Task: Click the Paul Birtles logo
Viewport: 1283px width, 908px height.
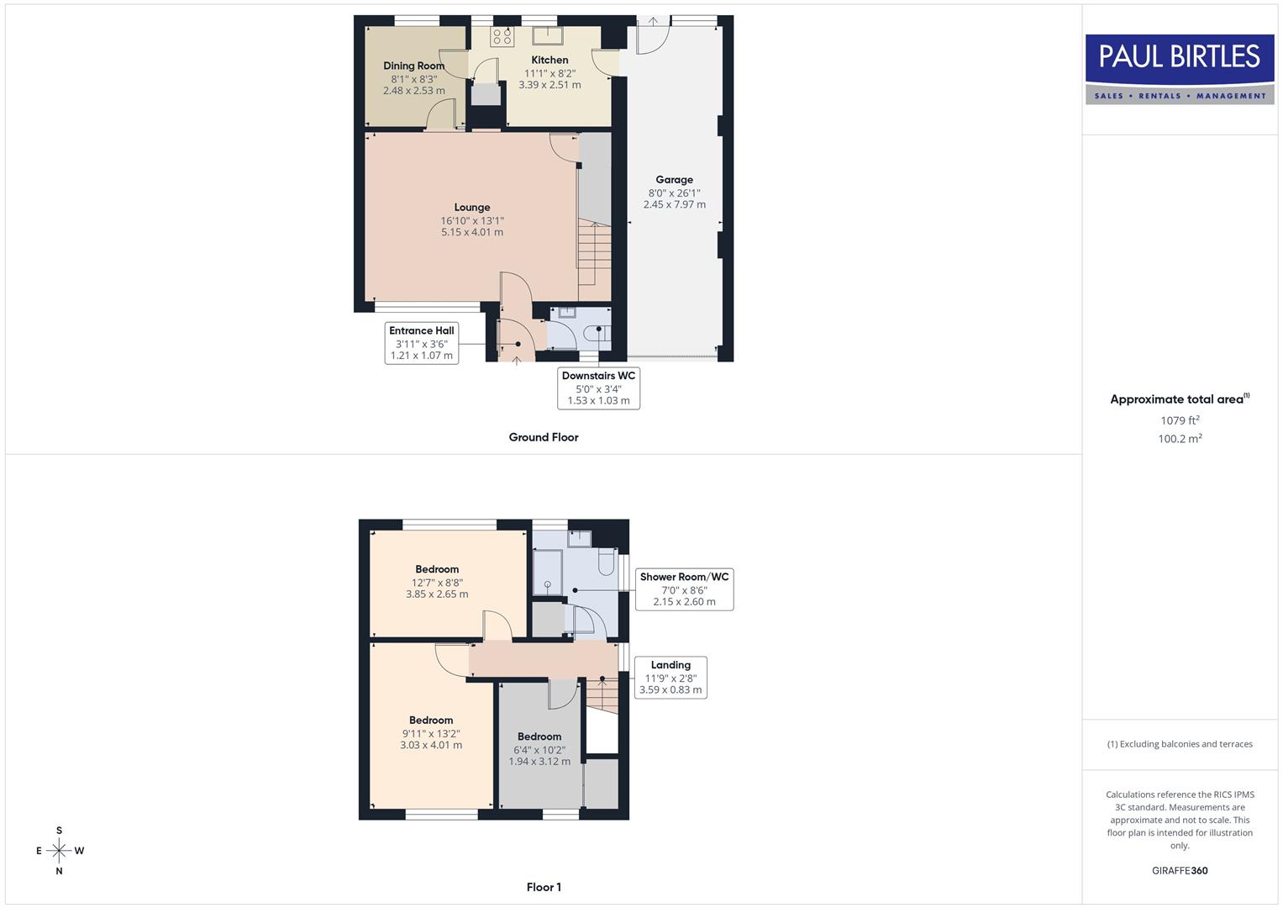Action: click(x=1180, y=69)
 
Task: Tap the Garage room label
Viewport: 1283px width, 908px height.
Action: click(x=674, y=180)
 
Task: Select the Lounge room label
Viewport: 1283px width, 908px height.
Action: click(x=472, y=208)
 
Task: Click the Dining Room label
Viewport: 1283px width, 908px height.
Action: click(x=414, y=66)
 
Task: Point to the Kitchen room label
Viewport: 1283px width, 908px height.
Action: click(x=549, y=61)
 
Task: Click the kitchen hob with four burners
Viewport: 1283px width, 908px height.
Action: click(x=502, y=36)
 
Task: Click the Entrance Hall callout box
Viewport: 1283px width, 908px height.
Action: click(x=422, y=343)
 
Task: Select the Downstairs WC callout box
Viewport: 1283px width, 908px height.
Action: click(x=598, y=388)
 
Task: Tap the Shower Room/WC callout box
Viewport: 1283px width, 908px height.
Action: click(x=684, y=589)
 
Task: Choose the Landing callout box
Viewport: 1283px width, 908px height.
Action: click(x=670, y=678)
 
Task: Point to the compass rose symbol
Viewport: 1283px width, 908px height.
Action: click(x=59, y=851)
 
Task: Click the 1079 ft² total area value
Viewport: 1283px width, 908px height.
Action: click(x=1180, y=420)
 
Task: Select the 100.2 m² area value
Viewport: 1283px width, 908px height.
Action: click(x=1180, y=439)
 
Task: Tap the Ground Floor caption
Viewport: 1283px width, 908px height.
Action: click(x=544, y=437)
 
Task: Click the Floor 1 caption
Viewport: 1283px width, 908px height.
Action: click(x=544, y=887)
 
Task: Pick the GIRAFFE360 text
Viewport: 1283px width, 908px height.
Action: click(x=1180, y=871)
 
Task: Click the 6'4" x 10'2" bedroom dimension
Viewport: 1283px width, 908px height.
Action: click(x=539, y=750)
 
